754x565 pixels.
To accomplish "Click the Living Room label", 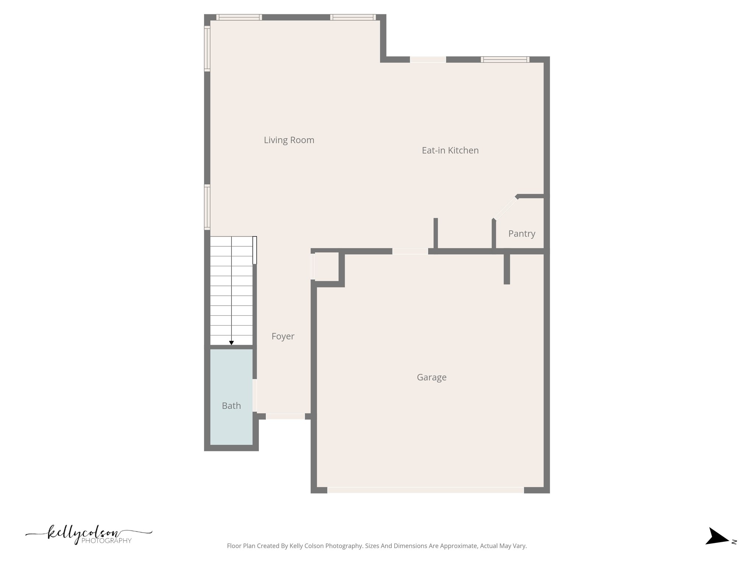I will click(x=289, y=140).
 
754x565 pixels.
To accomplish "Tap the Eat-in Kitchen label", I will click(x=450, y=150).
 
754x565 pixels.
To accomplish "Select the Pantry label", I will click(x=521, y=234).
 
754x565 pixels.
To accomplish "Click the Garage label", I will click(x=431, y=377).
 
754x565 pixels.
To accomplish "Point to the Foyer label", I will click(x=283, y=336).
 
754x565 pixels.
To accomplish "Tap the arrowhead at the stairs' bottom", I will click(x=231, y=343).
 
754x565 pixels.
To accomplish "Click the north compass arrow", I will click(x=716, y=547).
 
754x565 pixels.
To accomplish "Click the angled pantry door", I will click(x=505, y=209).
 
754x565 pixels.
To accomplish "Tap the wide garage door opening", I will click(x=425, y=490).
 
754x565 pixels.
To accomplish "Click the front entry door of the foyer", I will click(x=285, y=416).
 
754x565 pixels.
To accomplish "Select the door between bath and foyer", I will click(x=254, y=395).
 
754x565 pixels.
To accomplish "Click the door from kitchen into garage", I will click(x=410, y=251).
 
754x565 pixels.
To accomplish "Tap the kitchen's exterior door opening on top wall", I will click(x=428, y=60).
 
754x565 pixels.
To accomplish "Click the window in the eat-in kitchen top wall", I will click(x=505, y=60).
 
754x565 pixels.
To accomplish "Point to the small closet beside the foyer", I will click(x=327, y=267).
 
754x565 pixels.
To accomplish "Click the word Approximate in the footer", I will click(x=459, y=546).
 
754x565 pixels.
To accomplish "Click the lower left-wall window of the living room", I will click(x=207, y=207).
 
